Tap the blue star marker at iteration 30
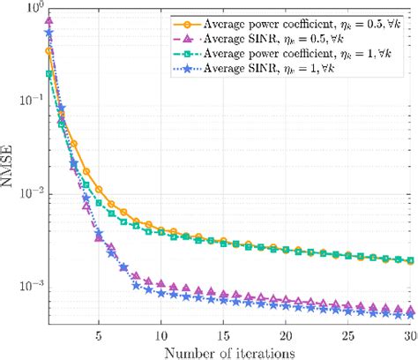tap(411, 314)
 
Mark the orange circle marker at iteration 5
tap(99, 189)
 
